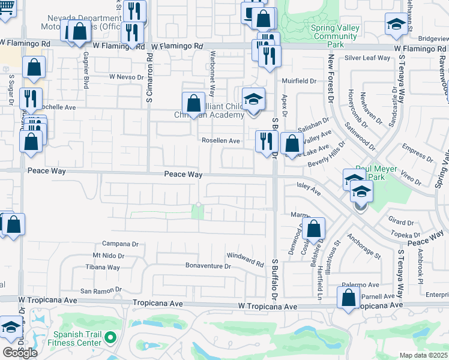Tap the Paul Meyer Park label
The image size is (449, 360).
[376, 173]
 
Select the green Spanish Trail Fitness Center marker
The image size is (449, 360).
[110, 338]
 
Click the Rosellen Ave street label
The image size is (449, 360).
[221, 141]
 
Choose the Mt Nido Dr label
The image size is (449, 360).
[101, 256]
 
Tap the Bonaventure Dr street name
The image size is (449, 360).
[208, 266]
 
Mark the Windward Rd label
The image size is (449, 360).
[246, 260]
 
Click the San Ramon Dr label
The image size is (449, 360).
[101, 290]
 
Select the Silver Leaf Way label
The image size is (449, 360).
[367, 58]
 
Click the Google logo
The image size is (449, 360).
[19, 352]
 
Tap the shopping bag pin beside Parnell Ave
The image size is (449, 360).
[348, 298]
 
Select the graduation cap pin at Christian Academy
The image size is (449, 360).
[253, 100]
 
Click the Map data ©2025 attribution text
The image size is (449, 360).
[424, 355]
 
